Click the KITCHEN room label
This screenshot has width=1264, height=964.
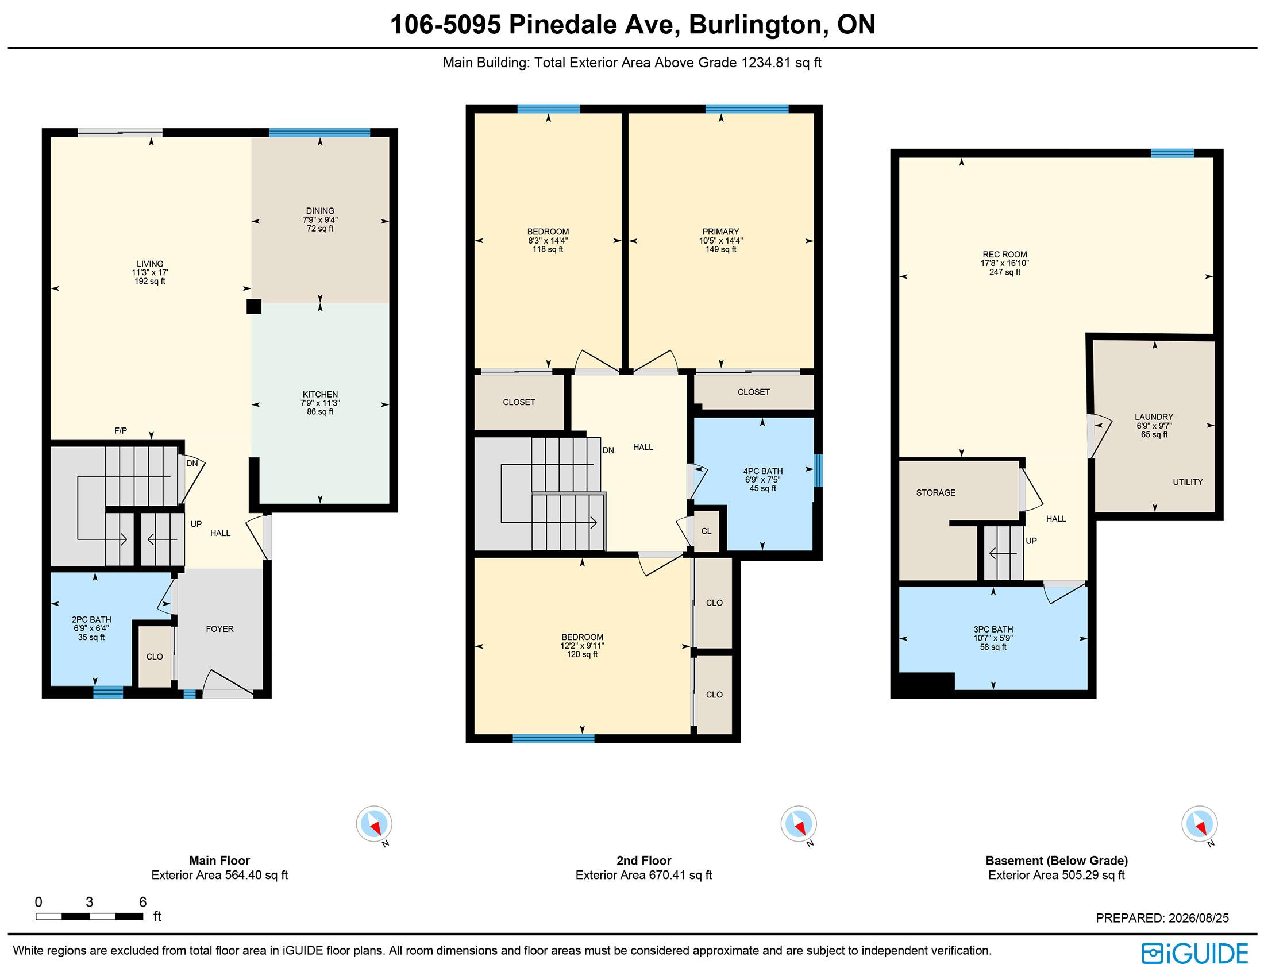320,394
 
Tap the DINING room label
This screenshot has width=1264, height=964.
320,211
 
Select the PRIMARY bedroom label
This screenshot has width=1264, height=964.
720,232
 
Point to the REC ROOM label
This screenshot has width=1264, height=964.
1005,255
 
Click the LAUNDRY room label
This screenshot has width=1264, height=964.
1154,417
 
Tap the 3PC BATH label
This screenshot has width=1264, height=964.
993,629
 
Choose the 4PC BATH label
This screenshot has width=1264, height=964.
763,471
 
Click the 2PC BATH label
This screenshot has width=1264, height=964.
91,620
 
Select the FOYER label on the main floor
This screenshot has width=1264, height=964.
220,629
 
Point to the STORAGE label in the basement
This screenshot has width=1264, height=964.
936,492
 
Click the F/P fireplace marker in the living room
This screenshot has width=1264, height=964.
121,430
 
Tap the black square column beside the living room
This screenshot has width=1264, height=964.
254,306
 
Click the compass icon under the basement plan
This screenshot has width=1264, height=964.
1200,824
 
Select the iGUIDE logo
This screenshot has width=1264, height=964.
1195,952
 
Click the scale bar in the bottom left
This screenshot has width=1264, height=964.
90,916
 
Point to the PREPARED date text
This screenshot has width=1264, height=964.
1162,918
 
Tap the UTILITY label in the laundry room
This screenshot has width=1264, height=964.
1188,482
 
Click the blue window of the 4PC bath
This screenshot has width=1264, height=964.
818,471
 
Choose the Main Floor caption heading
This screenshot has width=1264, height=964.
219,861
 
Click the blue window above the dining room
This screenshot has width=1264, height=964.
319,133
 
